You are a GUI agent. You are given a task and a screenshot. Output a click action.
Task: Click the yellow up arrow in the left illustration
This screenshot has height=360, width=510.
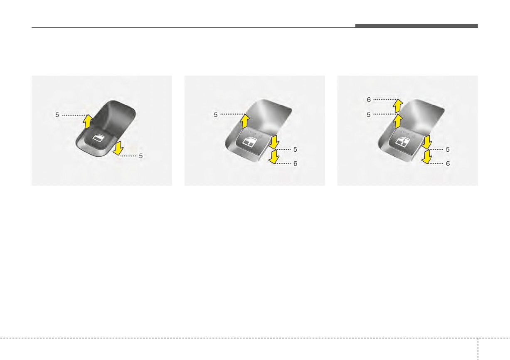coord(88,121)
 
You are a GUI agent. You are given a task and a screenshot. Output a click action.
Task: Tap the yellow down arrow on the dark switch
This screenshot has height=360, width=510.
coord(118,148)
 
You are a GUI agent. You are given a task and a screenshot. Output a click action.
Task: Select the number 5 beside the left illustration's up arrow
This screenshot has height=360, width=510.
coord(57,115)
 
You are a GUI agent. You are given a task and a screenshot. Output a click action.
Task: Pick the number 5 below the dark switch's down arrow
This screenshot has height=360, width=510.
coord(141,156)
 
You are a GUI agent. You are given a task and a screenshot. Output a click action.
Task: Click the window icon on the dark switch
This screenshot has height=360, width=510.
coord(97,138)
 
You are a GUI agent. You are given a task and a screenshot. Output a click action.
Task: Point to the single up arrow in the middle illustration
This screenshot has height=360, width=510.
coord(245,121)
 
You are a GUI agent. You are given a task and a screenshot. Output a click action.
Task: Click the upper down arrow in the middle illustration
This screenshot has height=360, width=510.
coord(274,142)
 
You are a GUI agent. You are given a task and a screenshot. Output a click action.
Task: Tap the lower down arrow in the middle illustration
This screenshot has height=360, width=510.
coord(274,157)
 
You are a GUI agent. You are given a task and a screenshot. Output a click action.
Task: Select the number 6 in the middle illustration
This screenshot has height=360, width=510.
coord(295,163)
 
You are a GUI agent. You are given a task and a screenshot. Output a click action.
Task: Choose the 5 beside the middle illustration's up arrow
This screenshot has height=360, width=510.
coord(216,115)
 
